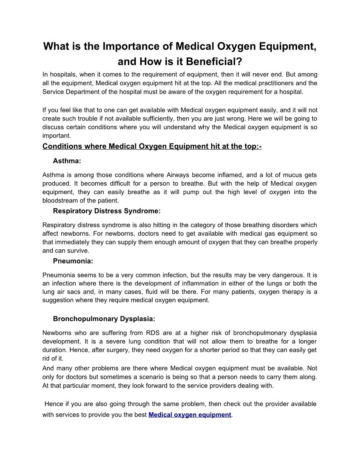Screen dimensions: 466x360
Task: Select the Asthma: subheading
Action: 67,161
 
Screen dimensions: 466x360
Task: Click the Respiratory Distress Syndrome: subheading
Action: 107,211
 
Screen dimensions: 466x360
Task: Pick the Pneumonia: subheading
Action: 73,261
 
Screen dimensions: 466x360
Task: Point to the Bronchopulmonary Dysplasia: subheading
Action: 104,318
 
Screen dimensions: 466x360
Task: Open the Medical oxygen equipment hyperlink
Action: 190,415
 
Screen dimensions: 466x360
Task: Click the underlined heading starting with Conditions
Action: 152,146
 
